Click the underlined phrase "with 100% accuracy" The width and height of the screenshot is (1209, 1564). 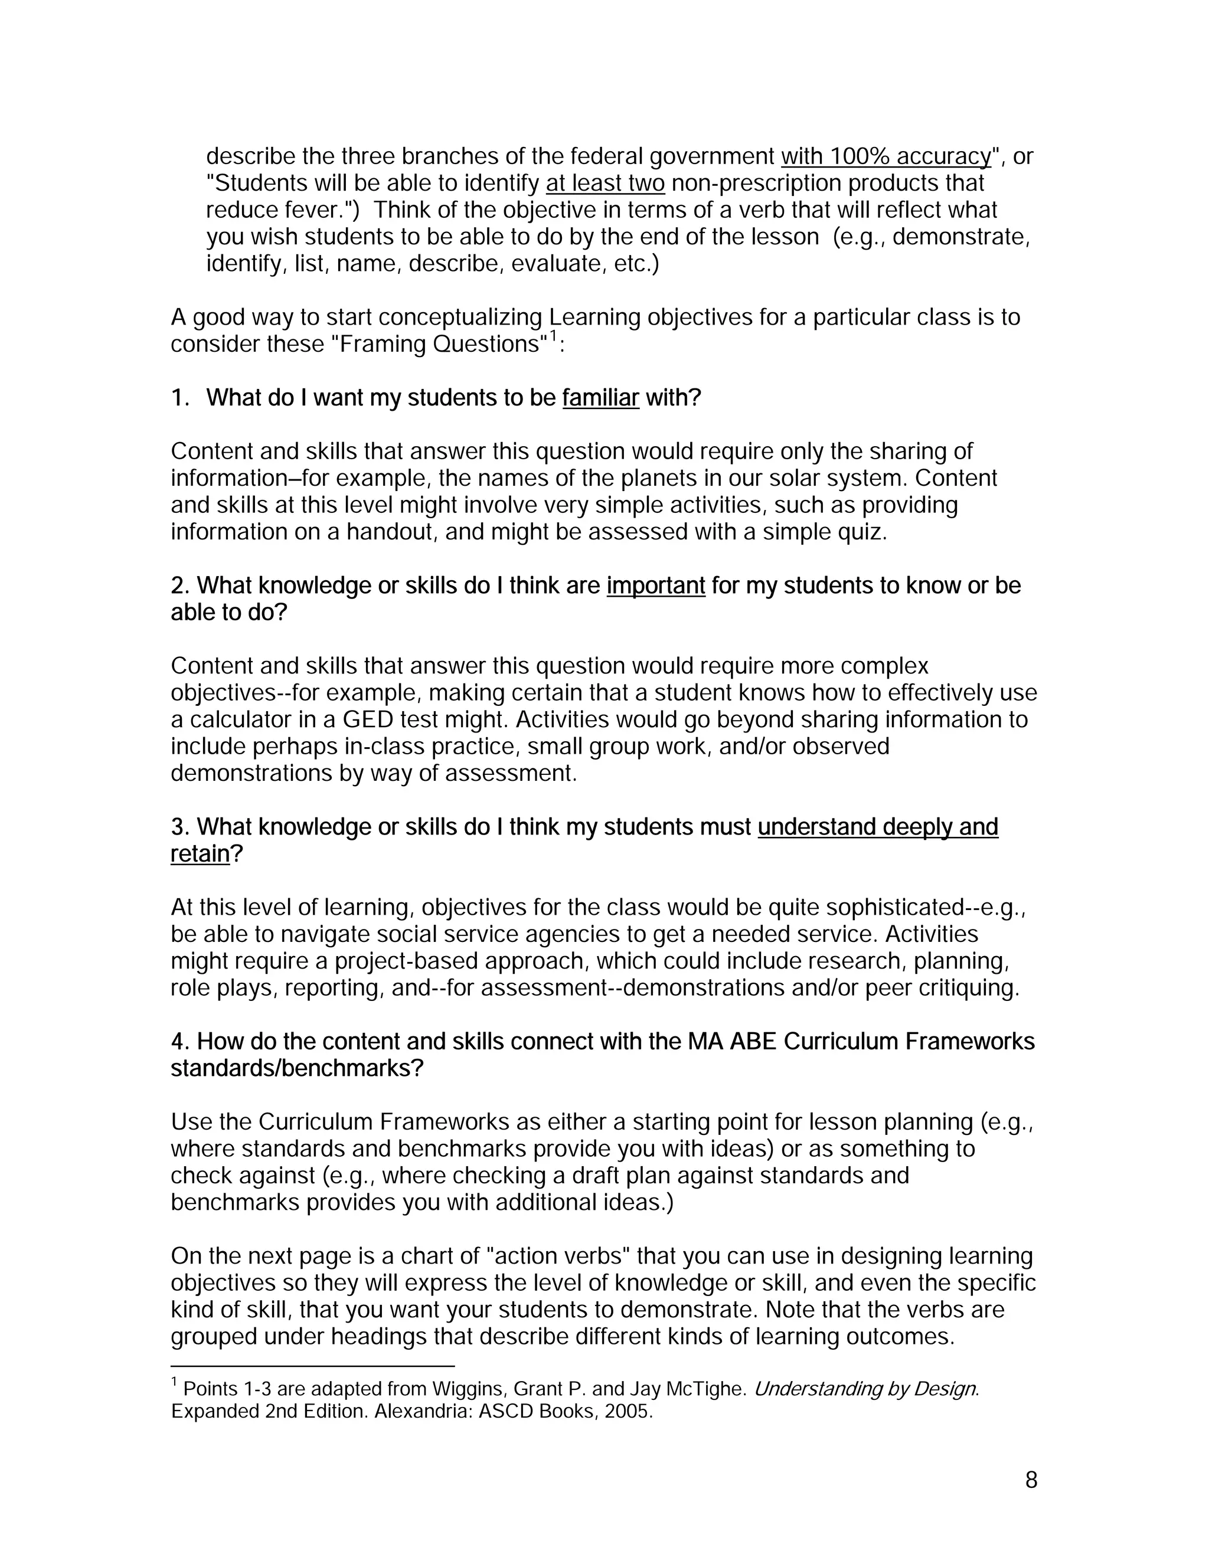click(886, 157)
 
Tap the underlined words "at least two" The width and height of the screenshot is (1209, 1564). click(605, 184)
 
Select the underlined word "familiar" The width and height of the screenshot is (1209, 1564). click(600, 398)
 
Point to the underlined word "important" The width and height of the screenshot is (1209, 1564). click(655, 586)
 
